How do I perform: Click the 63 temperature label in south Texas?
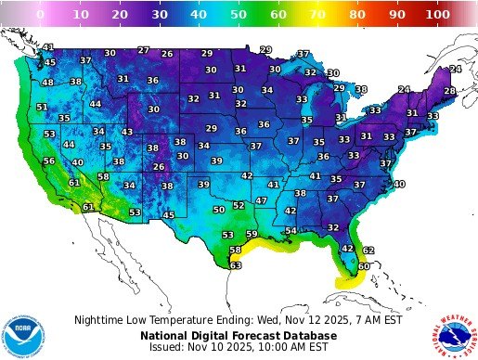click(x=236, y=265)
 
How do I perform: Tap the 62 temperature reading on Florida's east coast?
click(x=368, y=250)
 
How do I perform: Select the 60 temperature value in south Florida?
click(x=364, y=266)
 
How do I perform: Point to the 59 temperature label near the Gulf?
click(x=252, y=234)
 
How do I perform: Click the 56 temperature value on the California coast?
click(x=49, y=161)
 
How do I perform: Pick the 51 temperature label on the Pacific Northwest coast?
click(x=42, y=107)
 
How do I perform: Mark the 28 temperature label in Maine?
click(x=449, y=91)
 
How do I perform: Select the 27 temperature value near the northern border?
click(x=143, y=50)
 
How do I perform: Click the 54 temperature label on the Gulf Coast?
click(x=291, y=230)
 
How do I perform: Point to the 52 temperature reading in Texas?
click(x=239, y=205)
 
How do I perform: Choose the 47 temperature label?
click(x=262, y=199)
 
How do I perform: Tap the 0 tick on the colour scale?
click(x=40, y=16)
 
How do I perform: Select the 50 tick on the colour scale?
click(x=239, y=16)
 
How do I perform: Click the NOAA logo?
click(x=22, y=330)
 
